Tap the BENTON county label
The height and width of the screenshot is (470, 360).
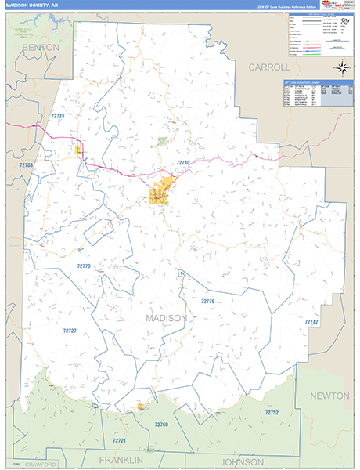41,48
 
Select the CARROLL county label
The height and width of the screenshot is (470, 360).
269,67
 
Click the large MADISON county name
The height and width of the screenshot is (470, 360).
166,318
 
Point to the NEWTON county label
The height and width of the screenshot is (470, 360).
330,396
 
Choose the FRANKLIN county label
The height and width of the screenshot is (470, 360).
122,459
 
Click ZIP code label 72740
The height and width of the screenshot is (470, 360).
183,162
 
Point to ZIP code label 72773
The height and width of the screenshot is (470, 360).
84,266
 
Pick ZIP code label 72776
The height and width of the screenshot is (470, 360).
207,301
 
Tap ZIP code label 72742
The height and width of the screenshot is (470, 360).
311,322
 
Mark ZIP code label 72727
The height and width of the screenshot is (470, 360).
70,331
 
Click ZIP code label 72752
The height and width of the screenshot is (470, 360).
272,412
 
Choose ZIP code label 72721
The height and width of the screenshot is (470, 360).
119,441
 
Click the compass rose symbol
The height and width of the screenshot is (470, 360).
341,67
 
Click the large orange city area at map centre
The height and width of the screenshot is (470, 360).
162,192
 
